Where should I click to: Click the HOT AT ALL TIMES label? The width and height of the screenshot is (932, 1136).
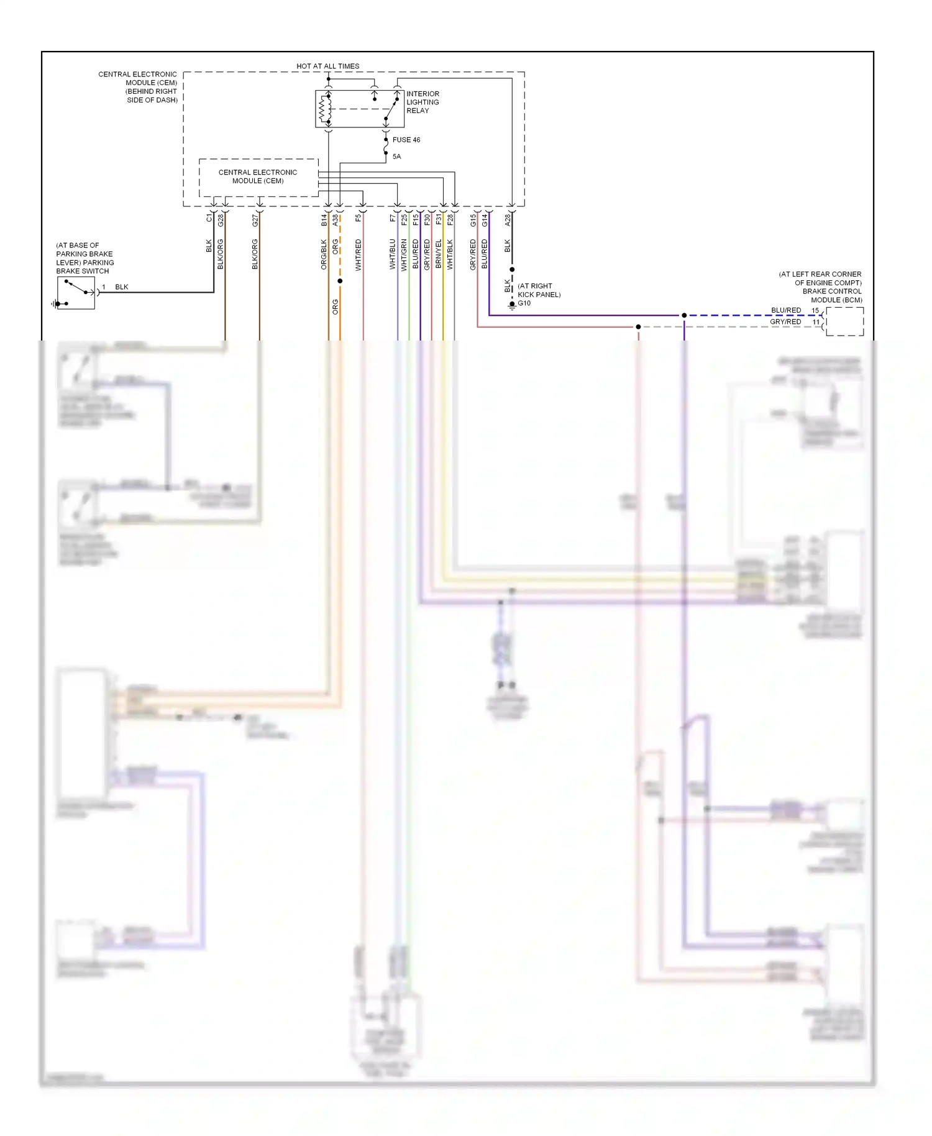click(x=327, y=66)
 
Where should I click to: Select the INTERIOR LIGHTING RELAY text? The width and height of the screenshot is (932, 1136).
click(x=423, y=102)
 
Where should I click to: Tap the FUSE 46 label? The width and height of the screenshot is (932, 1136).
click(x=406, y=140)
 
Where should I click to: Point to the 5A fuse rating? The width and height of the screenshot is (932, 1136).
click(x=396, y=157)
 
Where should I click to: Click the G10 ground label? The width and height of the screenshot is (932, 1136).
click(x=524, y=303)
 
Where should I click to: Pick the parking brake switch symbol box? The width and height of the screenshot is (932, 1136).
click(x=76, y=293)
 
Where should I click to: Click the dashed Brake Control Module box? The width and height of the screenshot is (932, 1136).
click(x=844, y=321)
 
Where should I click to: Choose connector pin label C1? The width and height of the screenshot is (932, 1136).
click(x=209, y=218)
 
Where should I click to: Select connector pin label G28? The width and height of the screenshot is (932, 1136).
click(x=221, y=219)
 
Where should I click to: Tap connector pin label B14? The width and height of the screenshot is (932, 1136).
click(x=324, y=219)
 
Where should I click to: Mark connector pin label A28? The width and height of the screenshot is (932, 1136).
click(x=508, y=219)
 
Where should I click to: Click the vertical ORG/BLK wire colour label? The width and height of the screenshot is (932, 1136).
click(x=324, y=254)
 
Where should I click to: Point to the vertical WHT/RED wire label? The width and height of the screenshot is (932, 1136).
click(x=359, y=255)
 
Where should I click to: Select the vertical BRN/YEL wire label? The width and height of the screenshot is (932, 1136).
click(x=439, y=254)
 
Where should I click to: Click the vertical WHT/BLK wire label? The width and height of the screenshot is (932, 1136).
click(x=450, y=254)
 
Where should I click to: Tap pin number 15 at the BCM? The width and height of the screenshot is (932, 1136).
click(x=815, y=311)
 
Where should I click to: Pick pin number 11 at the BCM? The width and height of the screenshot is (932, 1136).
click(x=816, y=322)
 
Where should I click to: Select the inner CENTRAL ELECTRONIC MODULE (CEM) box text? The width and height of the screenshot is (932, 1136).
click(x=258, y=176)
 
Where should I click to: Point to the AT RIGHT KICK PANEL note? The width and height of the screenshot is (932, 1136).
click(x=539, y=290)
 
